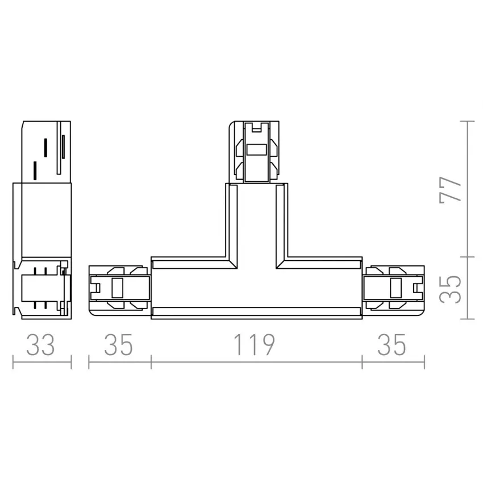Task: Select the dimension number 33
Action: (41, 345)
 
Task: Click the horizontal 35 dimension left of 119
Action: (119, 345)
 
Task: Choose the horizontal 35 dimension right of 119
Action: (393, 345)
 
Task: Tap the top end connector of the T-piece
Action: (256, 151)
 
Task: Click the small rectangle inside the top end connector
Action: (256, 151)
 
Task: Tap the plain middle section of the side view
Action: (43, 220)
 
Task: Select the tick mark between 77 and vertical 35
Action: (467, 257)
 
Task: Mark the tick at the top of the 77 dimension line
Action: (467, 121)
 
